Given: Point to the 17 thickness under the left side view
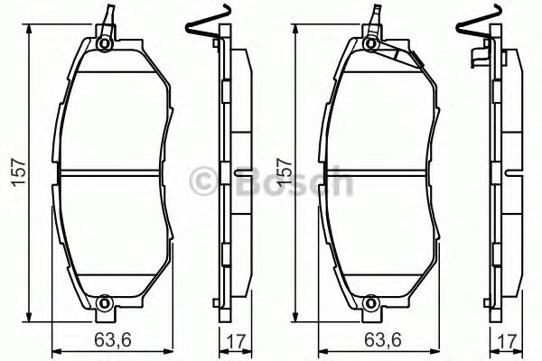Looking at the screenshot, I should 234,342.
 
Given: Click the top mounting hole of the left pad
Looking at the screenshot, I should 105,43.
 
